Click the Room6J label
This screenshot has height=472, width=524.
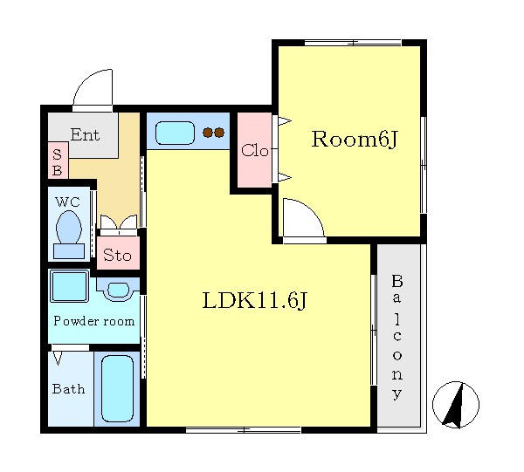coord(355,140)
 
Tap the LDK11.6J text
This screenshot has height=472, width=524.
coord(254,301)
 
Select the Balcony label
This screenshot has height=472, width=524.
coord(397,337)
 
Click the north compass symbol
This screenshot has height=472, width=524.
coord(456,405)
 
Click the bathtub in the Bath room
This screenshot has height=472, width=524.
coord(117,388)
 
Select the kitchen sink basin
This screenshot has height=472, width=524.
coord(176,133)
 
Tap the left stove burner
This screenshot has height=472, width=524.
coord(208,133)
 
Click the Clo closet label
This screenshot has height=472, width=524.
coord(255,151)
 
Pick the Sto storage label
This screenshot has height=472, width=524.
coord(117,256)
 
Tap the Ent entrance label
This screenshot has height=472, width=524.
coord(86,135)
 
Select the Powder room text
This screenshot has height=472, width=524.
coord(94,321)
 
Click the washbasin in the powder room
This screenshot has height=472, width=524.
coord(118,290)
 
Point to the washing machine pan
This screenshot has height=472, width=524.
coord(69,286)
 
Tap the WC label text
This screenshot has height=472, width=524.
coord(68,202)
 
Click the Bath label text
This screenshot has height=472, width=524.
coord(68,389)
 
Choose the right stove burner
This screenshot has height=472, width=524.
coord(219,133)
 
